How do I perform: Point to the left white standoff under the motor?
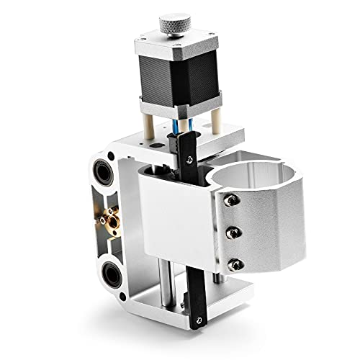point(147,121)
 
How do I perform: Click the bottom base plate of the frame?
point(216,295)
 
